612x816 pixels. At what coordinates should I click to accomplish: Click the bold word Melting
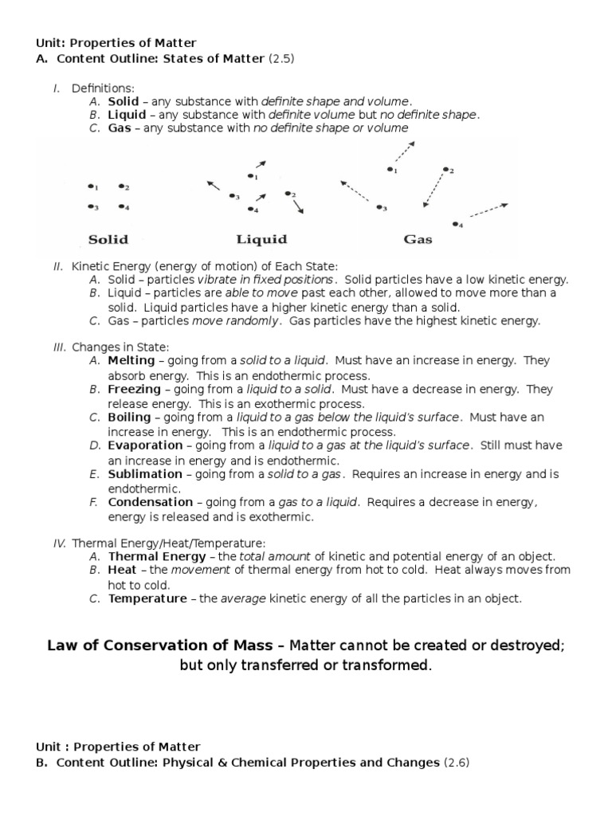(133, 361)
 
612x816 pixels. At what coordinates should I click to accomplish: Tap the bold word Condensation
(151, 502)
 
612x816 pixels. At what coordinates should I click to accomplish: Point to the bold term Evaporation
(146, 445)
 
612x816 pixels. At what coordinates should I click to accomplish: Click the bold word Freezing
(135, 390)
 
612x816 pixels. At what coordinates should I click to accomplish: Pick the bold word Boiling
(129, 418)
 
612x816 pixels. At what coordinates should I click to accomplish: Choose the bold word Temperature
(148, 598)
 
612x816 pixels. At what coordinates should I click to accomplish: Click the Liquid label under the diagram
(261, 239)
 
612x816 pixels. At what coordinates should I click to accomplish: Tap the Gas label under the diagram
(418, 239)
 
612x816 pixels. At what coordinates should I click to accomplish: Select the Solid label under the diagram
(108, 239)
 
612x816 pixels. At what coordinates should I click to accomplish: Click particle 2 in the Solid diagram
(122, 186)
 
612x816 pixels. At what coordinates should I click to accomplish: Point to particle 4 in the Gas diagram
(457, 224)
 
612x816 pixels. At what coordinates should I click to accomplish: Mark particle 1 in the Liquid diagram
(250, 176)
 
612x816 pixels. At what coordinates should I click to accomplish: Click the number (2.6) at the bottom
(457, 763)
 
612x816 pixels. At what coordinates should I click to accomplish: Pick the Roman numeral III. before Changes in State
(61, 347)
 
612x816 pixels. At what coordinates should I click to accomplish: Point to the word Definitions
(103, 88)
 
